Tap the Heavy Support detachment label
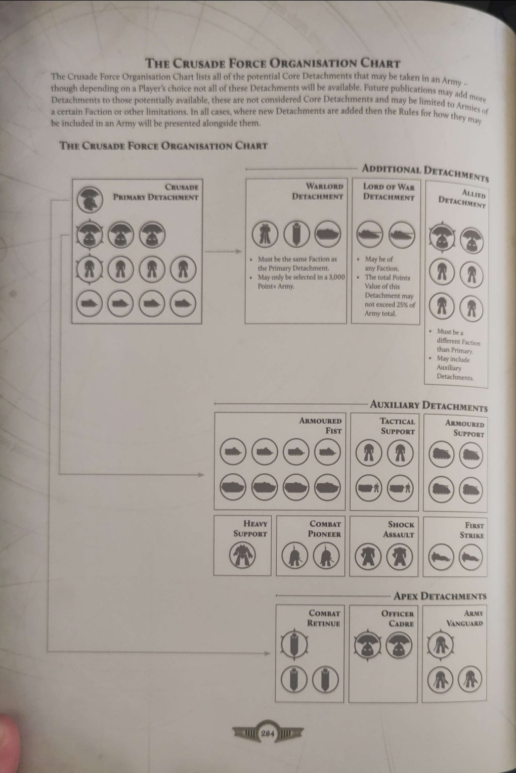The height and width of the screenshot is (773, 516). (250, 528)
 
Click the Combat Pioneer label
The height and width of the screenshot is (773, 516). (324, 529)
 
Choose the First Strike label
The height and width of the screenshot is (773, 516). (471, 530)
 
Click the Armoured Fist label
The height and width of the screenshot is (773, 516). (320, 425)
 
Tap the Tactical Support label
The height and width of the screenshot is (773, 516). (397, 426)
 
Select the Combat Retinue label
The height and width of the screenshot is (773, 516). (324, 618)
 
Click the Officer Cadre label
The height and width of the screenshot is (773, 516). (397, 618)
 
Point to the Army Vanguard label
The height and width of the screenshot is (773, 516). (464, 618)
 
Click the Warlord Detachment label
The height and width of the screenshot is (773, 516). (318, 191)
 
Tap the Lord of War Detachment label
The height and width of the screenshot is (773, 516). (389, 192)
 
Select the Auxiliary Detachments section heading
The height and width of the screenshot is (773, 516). (428, 405)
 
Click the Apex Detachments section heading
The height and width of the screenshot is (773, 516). (440, 596)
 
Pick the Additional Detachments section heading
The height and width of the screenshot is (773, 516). (425, 171)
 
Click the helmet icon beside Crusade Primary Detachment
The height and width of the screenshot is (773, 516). (90, 200)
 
